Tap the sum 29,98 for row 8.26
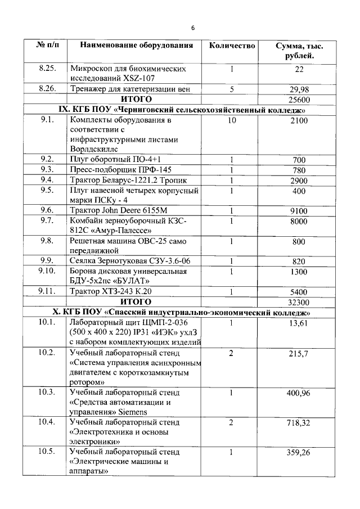tap(299, 89)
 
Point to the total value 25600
tap(299, 99)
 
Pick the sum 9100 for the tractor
tap(299, 211)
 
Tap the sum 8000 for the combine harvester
tap(299, 222)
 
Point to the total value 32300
tap(299, 302)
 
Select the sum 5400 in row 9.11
tap(299, 292)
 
